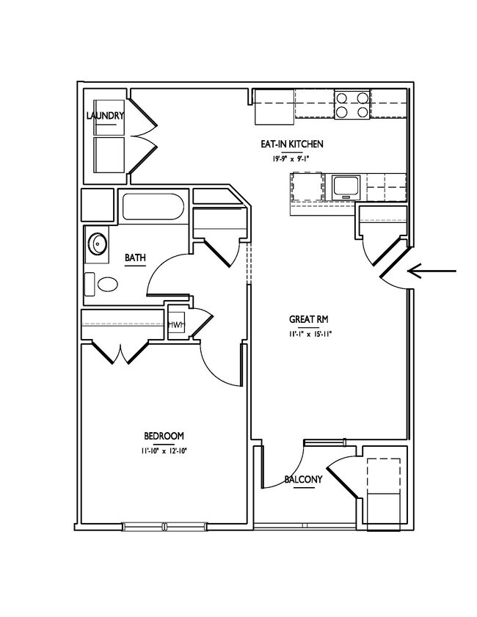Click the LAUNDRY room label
click(x=105, y=116)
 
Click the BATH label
click(x=135, y=258)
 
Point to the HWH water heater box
click(x=176, y=324)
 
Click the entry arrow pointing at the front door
click(x=433, y=271)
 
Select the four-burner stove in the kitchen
click(x=352, y=104)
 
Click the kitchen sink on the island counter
click(x=345, y=186)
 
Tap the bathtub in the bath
click(x=153, y=206)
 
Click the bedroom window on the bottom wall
click(x=164, y=525)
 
